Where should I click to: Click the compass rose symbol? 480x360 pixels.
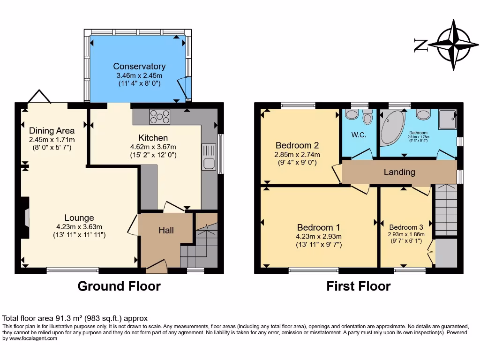[453, 45]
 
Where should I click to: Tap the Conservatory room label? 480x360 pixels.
[139, 67]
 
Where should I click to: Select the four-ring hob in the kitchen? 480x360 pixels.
[159, 116]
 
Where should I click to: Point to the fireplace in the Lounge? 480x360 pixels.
[27, 218]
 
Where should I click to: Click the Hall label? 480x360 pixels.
[166, 230]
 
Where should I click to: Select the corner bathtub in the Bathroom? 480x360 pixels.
[392, 127]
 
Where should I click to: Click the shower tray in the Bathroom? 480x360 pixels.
[447, 120]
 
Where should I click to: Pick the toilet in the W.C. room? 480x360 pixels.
[367, 117]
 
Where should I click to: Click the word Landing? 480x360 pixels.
[399, 172]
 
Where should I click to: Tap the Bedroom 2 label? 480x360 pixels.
[297, 145]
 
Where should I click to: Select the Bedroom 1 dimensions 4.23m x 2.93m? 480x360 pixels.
[319, 236]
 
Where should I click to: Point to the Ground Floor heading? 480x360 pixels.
[119, 286]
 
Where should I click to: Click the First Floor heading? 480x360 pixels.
[358, 286]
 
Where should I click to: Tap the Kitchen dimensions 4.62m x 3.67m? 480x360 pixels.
[153, 147]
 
